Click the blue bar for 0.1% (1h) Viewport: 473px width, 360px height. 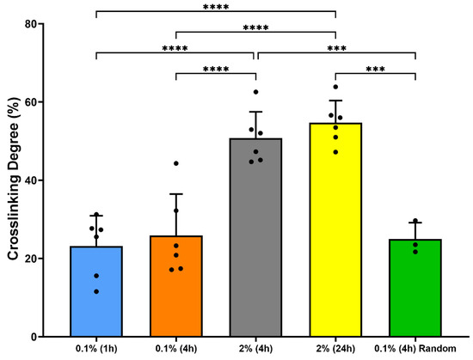[96, 291]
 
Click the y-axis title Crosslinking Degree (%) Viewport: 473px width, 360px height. [15, 180]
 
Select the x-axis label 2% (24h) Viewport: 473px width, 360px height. [335, 350]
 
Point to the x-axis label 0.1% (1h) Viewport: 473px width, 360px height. [96, 350]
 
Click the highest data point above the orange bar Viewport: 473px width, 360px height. [175, 163]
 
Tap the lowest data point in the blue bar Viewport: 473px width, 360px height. [96, 291]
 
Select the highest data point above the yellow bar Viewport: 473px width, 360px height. [335, 87]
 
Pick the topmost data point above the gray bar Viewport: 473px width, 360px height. [255, 92]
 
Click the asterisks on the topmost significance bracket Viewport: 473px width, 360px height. [215, 8]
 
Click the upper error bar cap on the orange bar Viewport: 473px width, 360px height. [175, 194]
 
